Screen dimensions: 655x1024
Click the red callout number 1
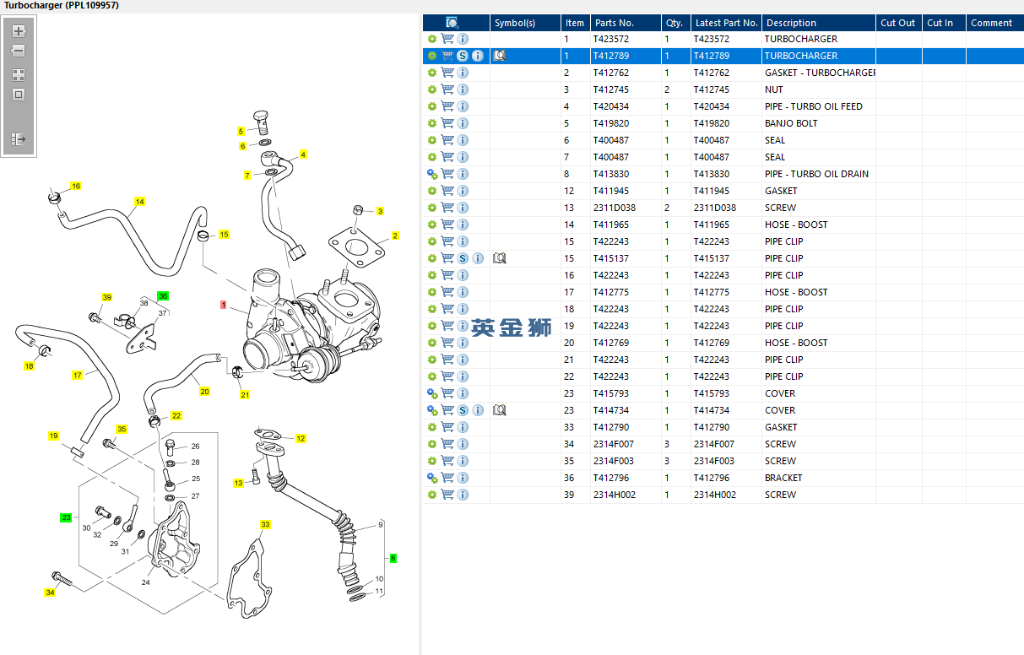(223, 304)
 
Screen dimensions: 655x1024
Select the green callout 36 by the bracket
(163, 296)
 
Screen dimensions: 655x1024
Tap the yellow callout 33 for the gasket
(265, 525)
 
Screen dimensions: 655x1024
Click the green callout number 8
(393, 558)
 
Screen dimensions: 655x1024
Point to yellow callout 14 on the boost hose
(140, 202)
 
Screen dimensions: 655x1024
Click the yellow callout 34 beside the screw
(50, 593)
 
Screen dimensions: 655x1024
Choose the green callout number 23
(66, 517)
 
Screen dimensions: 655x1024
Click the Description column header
(791, 23)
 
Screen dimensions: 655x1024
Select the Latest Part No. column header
(726, 23)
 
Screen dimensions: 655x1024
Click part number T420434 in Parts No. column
(610, 106)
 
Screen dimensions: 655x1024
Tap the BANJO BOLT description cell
(790, 123)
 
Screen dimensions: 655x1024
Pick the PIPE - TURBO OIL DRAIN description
(815, 174)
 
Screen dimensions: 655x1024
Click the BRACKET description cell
(783, 478)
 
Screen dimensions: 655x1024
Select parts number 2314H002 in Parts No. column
(614, 495)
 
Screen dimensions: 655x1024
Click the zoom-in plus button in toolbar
(19, 31)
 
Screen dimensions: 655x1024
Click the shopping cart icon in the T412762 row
(447, 73)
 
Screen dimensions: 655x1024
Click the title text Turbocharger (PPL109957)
(62, 5)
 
